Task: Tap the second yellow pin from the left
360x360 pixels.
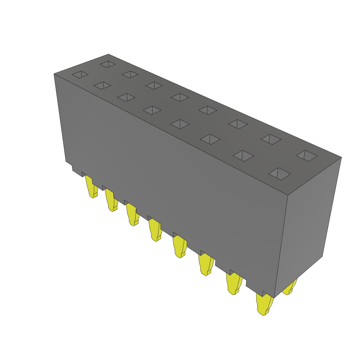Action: (111, 201)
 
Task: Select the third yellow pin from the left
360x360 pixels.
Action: (133, 215)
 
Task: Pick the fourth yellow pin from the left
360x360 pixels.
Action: (155, 230)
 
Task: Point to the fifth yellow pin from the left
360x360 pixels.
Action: (180, 247)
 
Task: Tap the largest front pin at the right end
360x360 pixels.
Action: (264, 304)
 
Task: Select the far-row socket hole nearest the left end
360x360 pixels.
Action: (108, 64)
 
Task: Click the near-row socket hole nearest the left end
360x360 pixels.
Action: (80, 75)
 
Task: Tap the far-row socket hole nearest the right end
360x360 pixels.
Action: (307, 156)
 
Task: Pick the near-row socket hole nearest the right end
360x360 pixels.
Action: (279, 174)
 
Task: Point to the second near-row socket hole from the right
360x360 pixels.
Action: (243, 156)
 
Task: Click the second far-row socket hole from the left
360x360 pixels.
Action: (130, 75)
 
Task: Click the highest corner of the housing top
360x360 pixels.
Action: (108, 54)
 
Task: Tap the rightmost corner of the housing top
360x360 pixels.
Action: (341, 157)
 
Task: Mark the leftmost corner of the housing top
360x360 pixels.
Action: (54, 74)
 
